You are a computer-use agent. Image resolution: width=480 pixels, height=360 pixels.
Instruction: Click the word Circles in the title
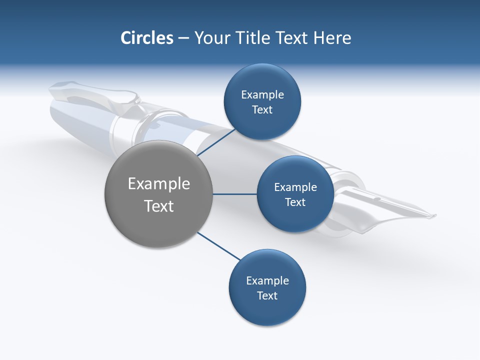pyautogui.click(x=146, y=38)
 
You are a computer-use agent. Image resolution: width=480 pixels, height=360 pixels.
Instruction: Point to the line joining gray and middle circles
pyautogui.click(x=235, y=194)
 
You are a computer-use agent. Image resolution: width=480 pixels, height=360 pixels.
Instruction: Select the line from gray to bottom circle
pyautogui.click(x=219, y=246)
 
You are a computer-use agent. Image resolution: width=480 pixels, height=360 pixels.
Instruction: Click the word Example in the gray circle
pyautogui.click(x=159, y=184)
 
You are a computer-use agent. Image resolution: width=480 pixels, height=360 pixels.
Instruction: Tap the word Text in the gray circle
pyautogui.click(x=159, y=206)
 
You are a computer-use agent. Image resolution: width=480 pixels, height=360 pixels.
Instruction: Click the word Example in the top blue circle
pyautogui.click(x=262, y=95)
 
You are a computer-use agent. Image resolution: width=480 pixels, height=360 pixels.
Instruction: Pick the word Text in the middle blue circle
pyautogui.click(x=295, y=202)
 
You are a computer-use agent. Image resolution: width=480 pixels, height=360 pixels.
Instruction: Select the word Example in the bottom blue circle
pyautogui.click(x=267, y=281)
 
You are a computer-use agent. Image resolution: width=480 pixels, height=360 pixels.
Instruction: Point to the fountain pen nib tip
pyautogui.click(x=434, y=216)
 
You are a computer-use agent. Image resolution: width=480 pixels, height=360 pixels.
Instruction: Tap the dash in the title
pyautogui.click(x=183, y=38)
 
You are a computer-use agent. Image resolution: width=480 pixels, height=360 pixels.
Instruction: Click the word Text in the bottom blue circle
pyautogui.click(x=267, y=296)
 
